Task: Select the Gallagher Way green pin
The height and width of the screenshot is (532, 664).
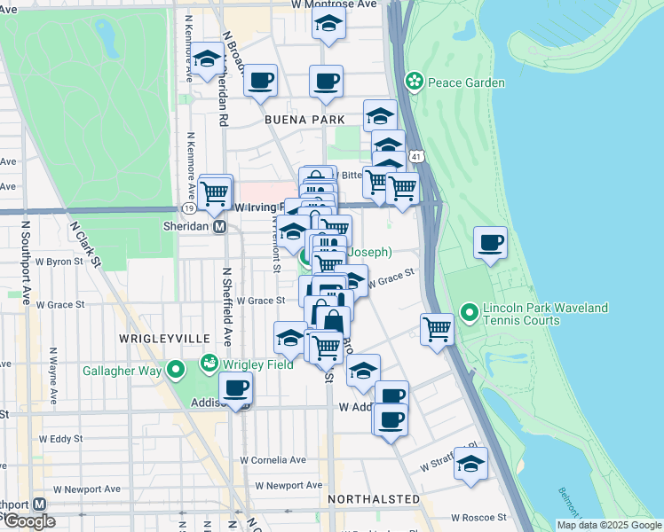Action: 176,369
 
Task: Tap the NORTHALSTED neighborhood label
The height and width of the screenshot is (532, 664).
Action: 374,499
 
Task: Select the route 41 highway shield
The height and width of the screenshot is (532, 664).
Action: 416,156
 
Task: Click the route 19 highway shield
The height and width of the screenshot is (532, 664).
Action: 189,207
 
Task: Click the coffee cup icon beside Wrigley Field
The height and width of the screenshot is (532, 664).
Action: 236,387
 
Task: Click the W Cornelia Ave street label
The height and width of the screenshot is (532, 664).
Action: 274,460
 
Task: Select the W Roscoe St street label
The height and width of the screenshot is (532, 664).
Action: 478,517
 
